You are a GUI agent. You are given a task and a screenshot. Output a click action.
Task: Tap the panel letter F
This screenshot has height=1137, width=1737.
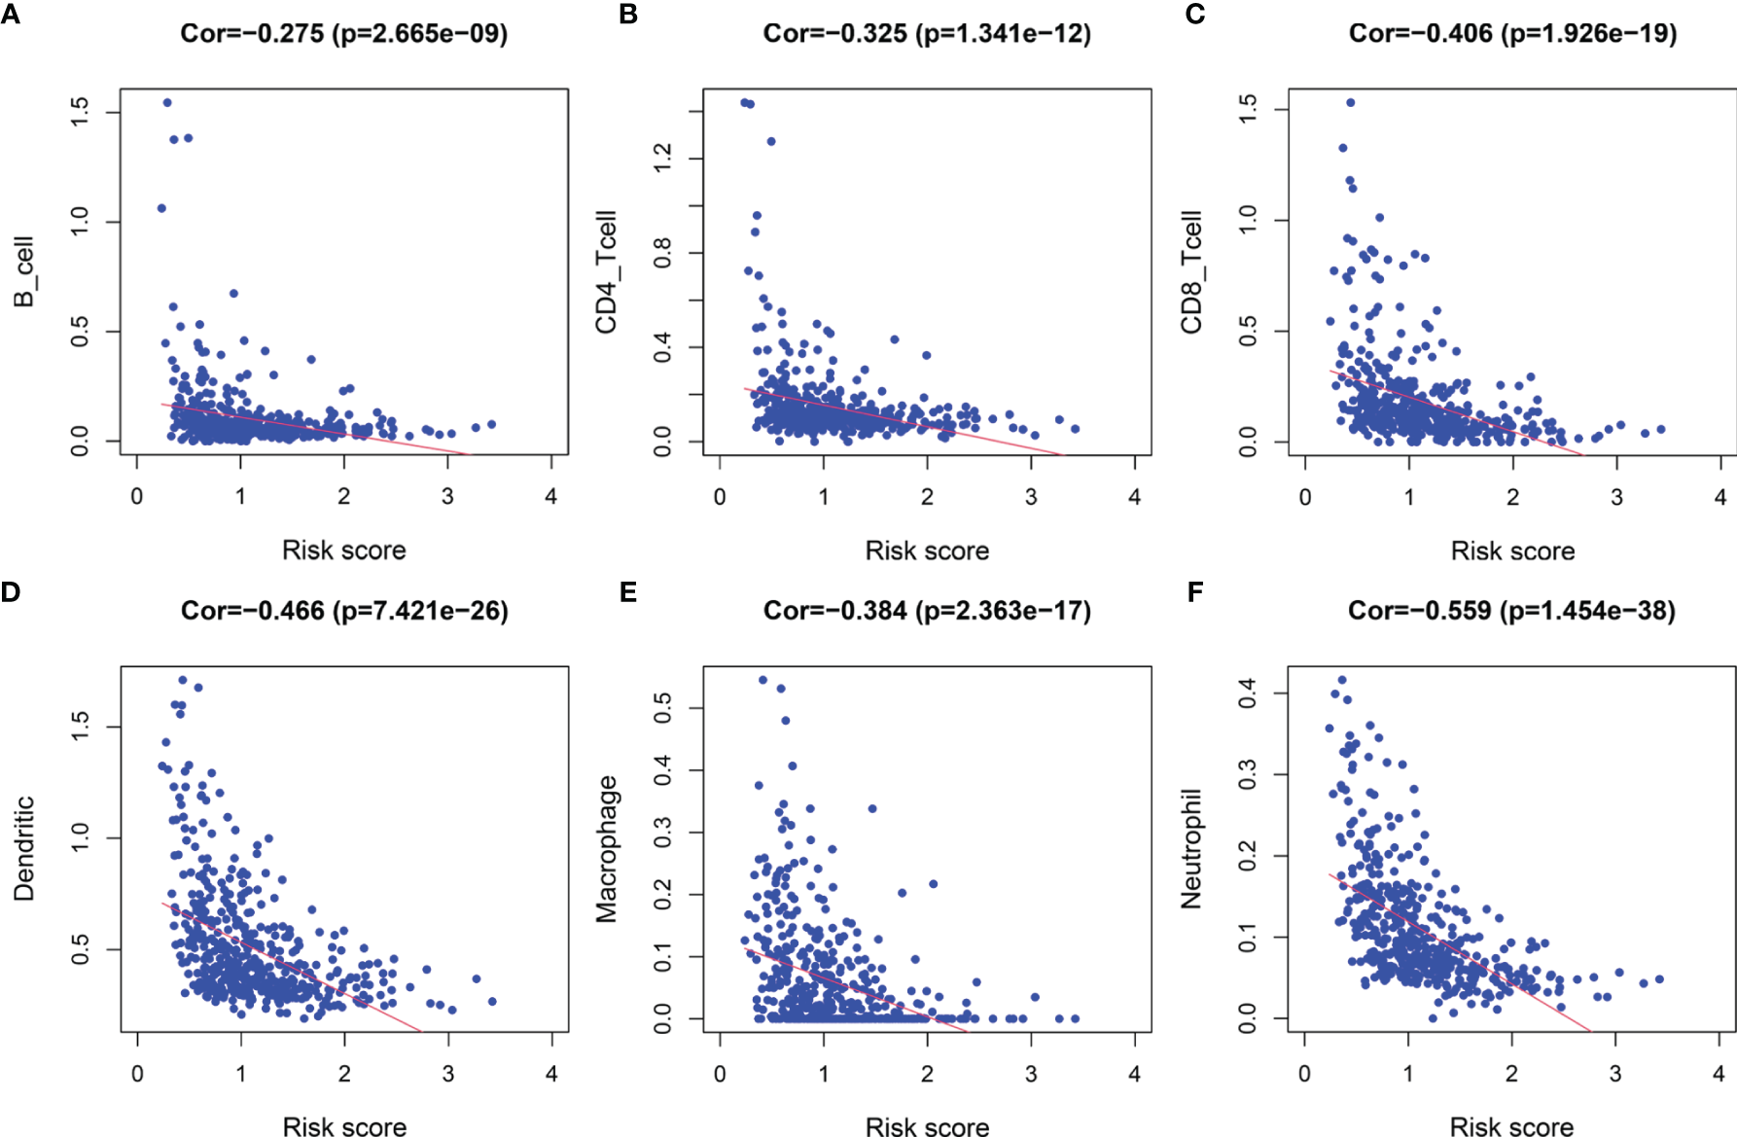point(1195,592)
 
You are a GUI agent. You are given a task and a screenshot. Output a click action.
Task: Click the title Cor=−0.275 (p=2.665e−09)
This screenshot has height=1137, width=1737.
point(344,34)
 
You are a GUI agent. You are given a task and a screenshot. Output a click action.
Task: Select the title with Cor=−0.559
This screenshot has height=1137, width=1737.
point(1511,611)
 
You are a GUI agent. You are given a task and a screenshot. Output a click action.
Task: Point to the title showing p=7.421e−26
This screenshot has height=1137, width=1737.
point(344,611)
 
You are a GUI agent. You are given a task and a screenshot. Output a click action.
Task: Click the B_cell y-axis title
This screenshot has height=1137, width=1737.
point(23,272)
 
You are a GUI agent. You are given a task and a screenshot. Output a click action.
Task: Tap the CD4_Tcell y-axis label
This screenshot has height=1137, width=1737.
point(606,272)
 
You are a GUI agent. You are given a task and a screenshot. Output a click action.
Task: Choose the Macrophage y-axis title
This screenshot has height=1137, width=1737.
point(606,849)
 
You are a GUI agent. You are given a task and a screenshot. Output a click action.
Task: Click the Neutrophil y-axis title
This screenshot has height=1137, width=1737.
point(1190,849)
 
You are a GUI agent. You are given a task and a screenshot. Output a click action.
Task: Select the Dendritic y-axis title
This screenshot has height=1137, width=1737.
point(23,849)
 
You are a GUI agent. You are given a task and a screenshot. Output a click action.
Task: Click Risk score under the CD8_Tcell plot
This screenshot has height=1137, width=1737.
point(1512,551)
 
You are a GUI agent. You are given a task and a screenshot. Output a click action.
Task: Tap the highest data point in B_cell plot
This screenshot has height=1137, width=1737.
point(167,102)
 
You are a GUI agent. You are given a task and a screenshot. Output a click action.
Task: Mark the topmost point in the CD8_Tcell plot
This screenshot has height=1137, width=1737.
point(1350,102)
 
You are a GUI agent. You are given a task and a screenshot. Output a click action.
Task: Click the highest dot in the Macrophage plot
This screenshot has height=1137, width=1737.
point(762,680)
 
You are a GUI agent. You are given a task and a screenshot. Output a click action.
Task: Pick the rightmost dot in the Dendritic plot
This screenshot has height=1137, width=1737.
point(492,1001)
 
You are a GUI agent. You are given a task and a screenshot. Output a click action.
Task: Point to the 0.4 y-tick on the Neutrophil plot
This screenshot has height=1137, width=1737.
point(1247,693)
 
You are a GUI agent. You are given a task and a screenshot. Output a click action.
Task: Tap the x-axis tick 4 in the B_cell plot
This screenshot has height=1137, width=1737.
point(551,496)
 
